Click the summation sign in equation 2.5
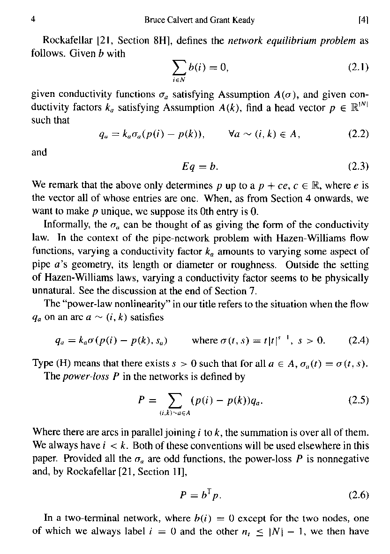click(x=176, y=401)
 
